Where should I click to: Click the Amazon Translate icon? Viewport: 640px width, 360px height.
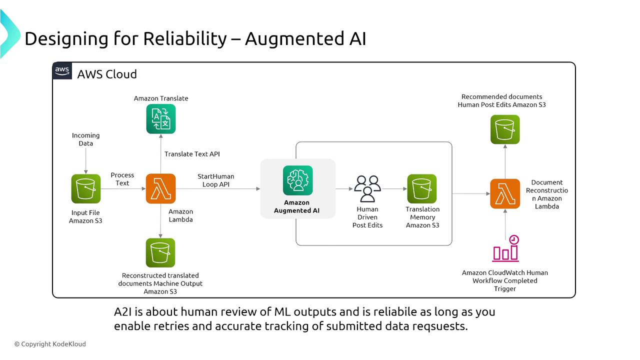(160, 119)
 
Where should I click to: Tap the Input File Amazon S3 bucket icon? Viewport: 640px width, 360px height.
(85, 188)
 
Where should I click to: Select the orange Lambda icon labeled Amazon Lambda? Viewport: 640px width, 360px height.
(160, 188)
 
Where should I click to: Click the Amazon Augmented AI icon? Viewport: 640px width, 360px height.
(297, 180)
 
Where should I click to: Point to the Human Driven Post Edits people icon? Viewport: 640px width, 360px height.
(367, 188)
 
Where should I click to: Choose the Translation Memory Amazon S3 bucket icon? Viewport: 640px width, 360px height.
(422, 188)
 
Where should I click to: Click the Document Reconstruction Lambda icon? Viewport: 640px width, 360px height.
(505, 193)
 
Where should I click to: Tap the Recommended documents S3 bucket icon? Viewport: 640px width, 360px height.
(505, 129)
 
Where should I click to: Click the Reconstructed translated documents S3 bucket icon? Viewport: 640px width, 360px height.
(160, 253)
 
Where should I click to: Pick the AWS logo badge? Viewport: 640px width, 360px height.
(62, 71)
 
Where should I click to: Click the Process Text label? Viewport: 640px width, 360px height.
(122, 179)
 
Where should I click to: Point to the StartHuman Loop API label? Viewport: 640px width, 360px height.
(215, 180)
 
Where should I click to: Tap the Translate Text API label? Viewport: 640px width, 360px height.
(192, 154)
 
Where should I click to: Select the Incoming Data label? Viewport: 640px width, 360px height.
(86, 139)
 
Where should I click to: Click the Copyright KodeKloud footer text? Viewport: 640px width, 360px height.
(50, 344)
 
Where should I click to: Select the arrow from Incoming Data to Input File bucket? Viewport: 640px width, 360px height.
(86, 160)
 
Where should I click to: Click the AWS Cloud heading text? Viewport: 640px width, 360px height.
(107, 74)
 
